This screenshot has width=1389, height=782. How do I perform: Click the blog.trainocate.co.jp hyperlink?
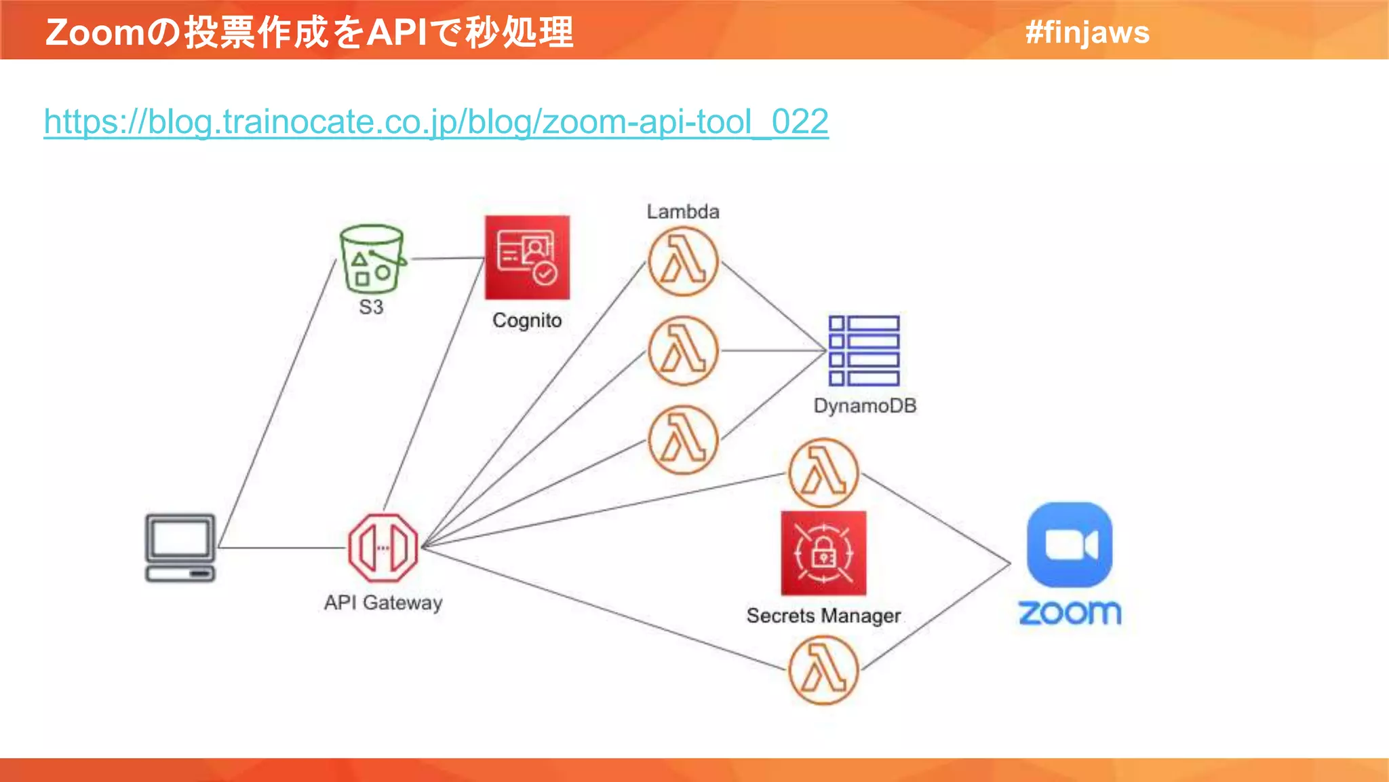[x=435, y=122]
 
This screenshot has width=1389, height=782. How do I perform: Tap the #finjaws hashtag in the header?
[x=1087, y=32]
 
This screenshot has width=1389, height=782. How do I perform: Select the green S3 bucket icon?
[x=372, y=259]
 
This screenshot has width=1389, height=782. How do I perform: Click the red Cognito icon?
[x=527, y=258]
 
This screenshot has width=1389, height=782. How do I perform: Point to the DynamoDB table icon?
[x=864, y=351]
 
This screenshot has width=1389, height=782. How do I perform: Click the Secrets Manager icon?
[x=823, y=553]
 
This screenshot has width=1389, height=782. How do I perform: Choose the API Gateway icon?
[x=383, y=548]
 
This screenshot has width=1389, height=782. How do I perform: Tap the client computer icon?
[x=180, y=548]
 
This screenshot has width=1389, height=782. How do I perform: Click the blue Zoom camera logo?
[x=1070, y=545]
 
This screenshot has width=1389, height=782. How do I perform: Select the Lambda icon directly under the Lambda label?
[x=683, y=262]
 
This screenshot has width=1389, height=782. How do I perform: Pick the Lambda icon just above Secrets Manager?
[x=823, y=473]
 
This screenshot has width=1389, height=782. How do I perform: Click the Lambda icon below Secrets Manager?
[x=823, y=670]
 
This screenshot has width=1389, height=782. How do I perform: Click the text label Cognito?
[x=527, y=320]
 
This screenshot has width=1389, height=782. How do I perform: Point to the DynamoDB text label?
[x=865, y=406]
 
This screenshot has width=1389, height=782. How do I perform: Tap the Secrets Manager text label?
[x=823, y=616]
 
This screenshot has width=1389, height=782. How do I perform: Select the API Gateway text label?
[x=383, y=603]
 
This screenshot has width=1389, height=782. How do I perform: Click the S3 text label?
[x=371, y=307]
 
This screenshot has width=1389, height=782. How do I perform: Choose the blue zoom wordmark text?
[x=1070, y=613]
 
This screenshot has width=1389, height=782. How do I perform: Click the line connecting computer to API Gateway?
[x=281, y=547]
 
